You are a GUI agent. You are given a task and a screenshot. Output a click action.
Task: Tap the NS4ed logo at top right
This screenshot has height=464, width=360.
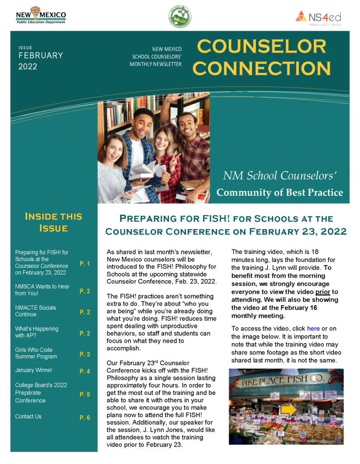[318, 17]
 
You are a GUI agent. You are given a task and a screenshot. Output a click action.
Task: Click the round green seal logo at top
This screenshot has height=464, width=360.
[180, 17]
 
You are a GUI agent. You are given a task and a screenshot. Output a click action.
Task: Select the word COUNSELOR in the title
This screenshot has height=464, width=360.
[262, 47]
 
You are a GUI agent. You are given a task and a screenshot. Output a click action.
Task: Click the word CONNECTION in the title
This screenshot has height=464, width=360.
[262, 68]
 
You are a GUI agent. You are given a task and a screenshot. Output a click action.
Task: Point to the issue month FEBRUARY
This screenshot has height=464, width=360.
[41, 56]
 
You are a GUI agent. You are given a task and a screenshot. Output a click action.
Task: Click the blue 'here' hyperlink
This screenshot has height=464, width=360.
[313, 329]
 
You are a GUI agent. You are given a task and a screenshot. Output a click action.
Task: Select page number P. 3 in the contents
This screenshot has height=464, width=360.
[85, 354]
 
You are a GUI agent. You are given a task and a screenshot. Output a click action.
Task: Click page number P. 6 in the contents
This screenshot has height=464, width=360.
[85, 418]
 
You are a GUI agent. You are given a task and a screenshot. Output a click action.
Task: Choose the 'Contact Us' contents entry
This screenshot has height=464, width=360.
[28, 416]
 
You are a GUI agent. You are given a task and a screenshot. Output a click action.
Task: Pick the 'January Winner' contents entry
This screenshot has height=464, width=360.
[34, 370]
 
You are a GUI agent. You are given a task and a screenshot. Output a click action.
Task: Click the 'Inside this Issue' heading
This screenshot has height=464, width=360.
[53, 222]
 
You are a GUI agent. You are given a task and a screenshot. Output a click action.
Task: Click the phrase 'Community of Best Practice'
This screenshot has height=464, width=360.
[279, 193]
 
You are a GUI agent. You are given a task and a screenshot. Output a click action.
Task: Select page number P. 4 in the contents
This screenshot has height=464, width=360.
[85, 372]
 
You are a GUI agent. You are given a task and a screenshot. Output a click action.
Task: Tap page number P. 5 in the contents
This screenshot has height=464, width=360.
[85, 395]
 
